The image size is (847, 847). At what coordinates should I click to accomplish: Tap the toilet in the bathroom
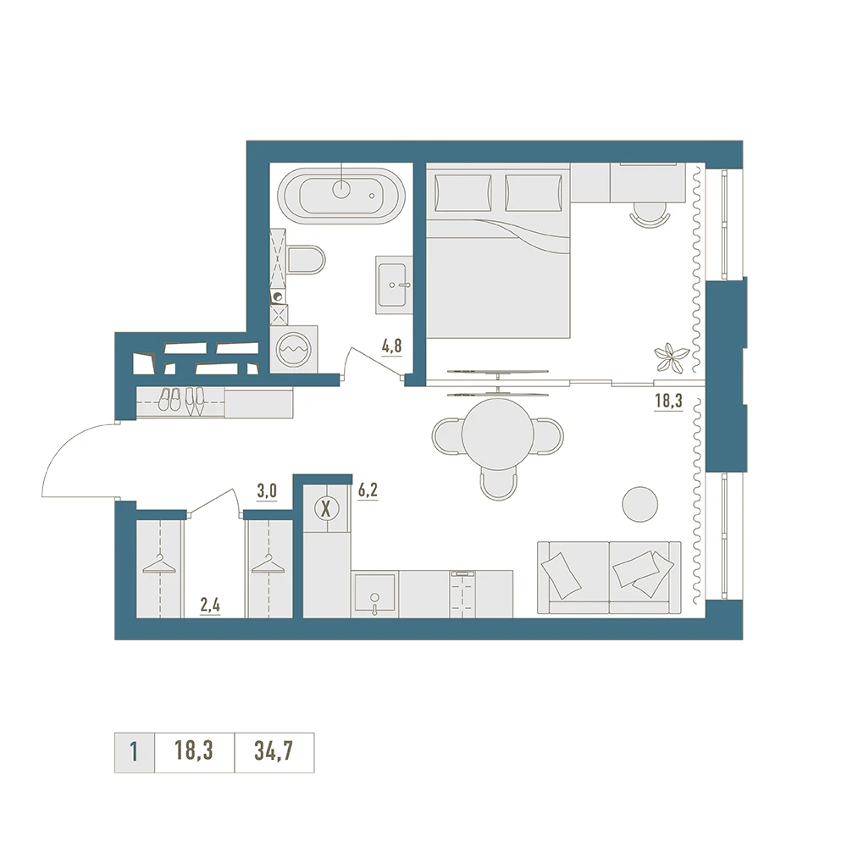(306, 260)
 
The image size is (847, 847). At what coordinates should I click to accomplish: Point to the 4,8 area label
(391, 346)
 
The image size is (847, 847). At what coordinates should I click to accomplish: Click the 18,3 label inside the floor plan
(668, 401)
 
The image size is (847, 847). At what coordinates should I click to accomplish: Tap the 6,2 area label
(368, 490)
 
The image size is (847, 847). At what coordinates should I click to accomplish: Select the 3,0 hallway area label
(267, 491)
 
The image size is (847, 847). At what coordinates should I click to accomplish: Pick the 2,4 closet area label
(210, 606)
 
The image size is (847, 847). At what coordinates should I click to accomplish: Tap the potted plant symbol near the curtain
(672, 357)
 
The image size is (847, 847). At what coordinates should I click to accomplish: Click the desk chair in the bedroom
(650, 214)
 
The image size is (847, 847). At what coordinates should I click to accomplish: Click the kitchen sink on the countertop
(374, 595)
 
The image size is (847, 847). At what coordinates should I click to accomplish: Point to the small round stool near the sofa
(640, 504)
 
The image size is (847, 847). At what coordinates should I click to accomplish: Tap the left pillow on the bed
(462, 193)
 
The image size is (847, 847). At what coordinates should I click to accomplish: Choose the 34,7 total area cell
(274, 752)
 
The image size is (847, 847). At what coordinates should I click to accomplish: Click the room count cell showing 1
(135, 752)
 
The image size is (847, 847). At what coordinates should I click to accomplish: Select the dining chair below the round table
(498, 483)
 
